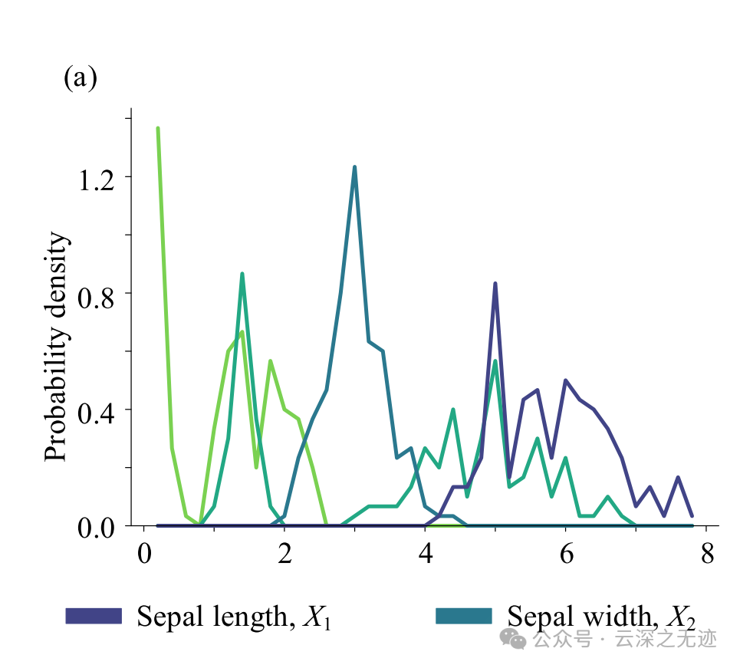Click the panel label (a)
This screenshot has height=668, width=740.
(80, 78)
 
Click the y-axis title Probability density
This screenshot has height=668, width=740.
(57, 347)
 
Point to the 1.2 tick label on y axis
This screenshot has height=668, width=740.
(96, 177)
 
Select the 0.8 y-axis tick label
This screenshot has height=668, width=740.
(96, 294)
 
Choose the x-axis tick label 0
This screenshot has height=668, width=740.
(143, 554)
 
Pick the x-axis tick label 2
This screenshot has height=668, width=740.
(284, 554)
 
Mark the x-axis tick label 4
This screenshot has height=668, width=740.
(426, 554)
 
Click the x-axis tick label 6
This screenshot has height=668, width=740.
(566, 554)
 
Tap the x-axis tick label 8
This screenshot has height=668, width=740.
(707, 554)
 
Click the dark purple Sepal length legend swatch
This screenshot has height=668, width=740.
(94, 616)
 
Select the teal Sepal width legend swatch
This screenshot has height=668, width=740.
(463, 616)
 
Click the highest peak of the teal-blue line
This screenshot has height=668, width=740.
(354, 167)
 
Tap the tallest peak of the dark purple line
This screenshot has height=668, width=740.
(495, 284)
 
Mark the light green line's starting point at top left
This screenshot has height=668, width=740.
(158, 128)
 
